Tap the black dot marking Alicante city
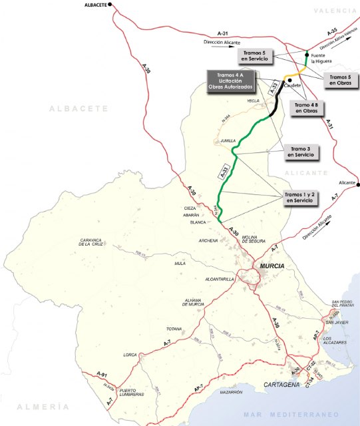(357, 184)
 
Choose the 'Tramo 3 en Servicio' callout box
(300, 151)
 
